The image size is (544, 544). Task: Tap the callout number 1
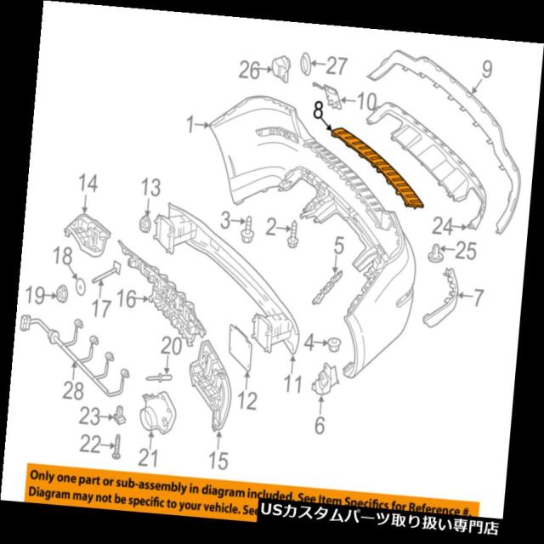193,125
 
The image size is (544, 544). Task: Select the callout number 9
488,67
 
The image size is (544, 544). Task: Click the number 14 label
88,182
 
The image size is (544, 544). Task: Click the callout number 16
126,298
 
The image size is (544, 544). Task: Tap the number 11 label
293,384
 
